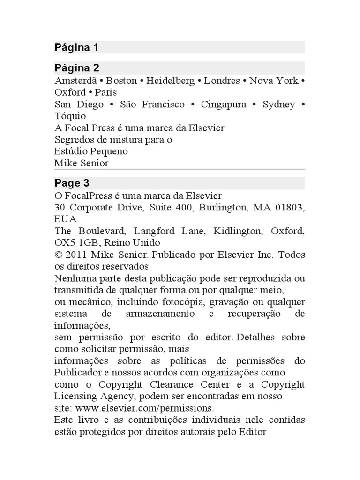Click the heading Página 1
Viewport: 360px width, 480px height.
coord(77,47)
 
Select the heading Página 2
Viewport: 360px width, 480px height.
coord(77,68)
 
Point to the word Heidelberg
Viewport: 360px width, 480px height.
coord(170,81)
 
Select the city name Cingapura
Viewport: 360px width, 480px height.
coord(224,104)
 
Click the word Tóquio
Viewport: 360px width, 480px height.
coord(70,116)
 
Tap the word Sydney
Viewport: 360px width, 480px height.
coord(279,104)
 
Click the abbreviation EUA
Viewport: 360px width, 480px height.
coord(65,219)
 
